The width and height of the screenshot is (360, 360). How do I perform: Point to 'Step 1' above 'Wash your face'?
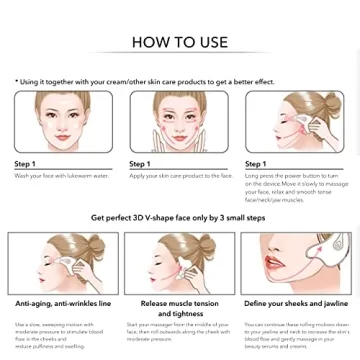[25, 164]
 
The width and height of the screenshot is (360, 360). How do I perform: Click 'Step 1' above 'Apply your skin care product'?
[139, 164]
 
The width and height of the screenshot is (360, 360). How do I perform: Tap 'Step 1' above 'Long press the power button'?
[255, 164]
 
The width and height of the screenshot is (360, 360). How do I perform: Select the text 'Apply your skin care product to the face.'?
[180, 175]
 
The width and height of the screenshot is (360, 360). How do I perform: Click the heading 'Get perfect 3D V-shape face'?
[179, 217]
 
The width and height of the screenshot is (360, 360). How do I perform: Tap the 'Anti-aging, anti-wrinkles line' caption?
[63, 303]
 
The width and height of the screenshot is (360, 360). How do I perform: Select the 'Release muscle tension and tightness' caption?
[180, 308]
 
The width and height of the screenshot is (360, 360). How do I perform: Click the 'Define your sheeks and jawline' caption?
[296, 303]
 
